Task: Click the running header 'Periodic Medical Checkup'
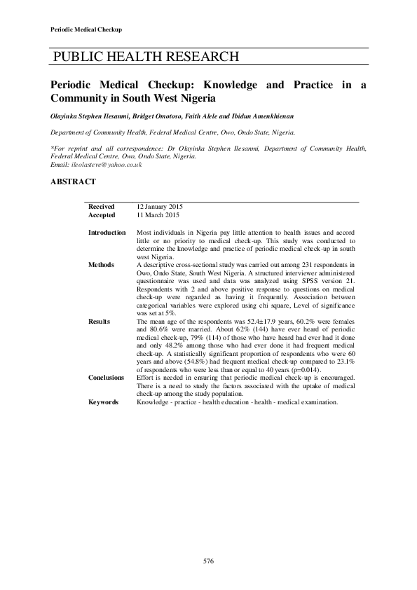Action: coord(87,29)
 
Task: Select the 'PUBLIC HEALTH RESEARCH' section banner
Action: coord(146,57)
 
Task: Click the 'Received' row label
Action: coord(100,207)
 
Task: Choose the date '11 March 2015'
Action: coord(158,216)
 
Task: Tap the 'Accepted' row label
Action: coord(101,216)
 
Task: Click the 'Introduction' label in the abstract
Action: coord(107,233)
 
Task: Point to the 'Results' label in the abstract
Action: coord(99,321)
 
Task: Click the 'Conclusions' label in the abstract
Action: coord(106,378)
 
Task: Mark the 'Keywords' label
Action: coord(103,402)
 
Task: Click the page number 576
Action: coord(208,561)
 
